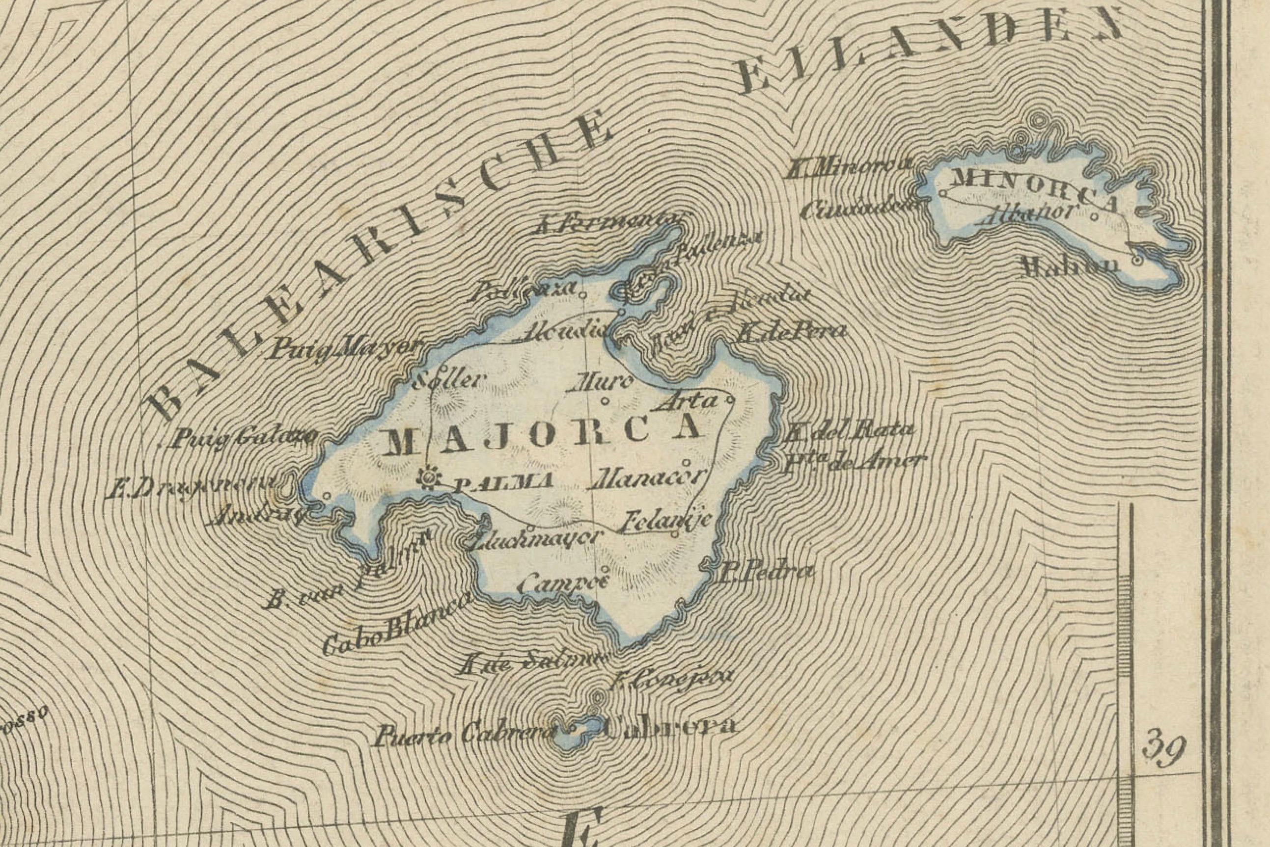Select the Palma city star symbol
[430, 477]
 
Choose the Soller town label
[446, 381]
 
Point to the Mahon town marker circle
[1137, 260]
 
